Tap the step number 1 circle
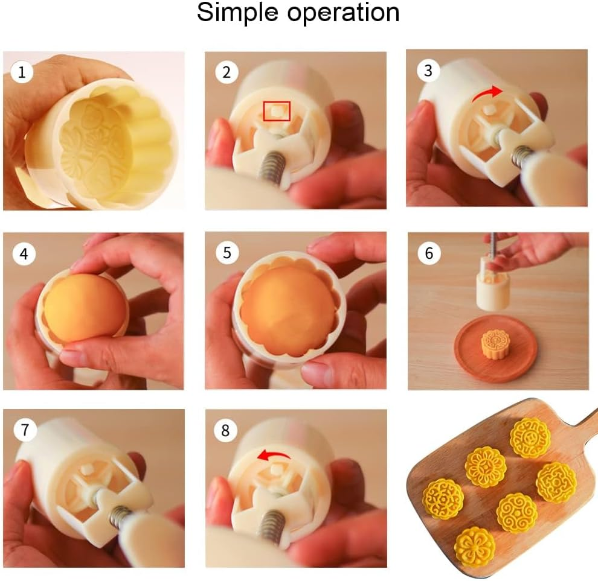pyautogui.click(x=22, y=73)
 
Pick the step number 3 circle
pyautogui.click(x=428, y=71)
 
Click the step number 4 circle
pyautogui.click(x=24, y=254)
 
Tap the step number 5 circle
pyautogui.click(x=227, y=252)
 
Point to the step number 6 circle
pyautogui.click(x=429, y=253)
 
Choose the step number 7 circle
pyautogui.click(x=24, y=430)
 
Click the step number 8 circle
pyautogui.click(x=226, y=430)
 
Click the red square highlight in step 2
pyautogui.click(x=277, y=111)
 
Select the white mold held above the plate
pyautogui.click(x=493, y=287)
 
